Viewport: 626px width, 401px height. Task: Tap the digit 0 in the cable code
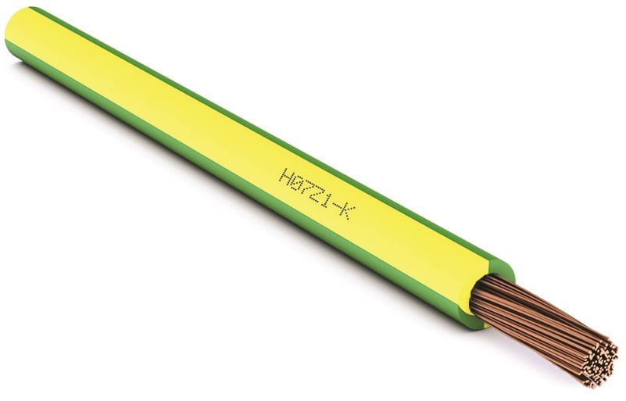pyautogui.click(x=295, y=181)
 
